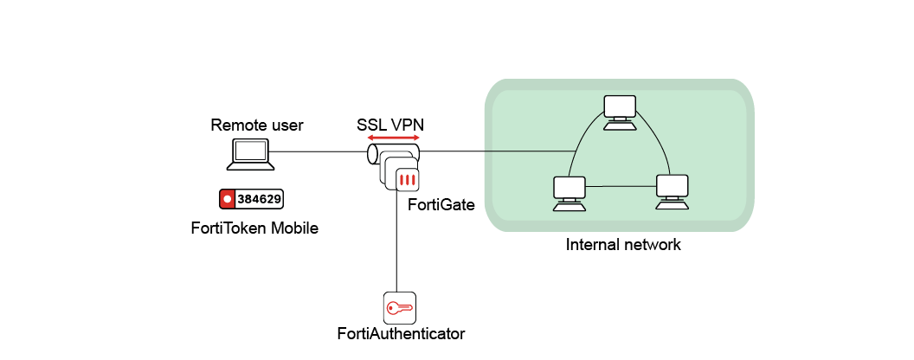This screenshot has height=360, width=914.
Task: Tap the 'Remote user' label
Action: tap(257, 125)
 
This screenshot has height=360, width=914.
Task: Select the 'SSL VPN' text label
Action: tap(390, 125)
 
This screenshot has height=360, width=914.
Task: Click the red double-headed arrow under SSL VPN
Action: tap(393, 138)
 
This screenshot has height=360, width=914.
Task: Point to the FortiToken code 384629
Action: tap(259, 199)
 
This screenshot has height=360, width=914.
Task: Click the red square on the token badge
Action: tap(228, 199)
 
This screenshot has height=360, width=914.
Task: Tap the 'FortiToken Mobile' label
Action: tap(254, 228)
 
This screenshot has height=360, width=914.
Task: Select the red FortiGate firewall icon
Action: tap(407, 179)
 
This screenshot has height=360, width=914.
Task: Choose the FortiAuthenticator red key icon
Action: tap(399, 307)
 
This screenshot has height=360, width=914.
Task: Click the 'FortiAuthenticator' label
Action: tap(401, 333)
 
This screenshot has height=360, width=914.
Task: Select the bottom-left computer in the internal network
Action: tap(569, 192)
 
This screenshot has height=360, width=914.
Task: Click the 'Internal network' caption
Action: tap(623, 245)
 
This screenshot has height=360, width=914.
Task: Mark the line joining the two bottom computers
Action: tap(620, 186)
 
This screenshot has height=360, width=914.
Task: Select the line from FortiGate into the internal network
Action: tap(493, 151)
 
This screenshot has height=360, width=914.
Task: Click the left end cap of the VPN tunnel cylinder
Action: tap(372, 154)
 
